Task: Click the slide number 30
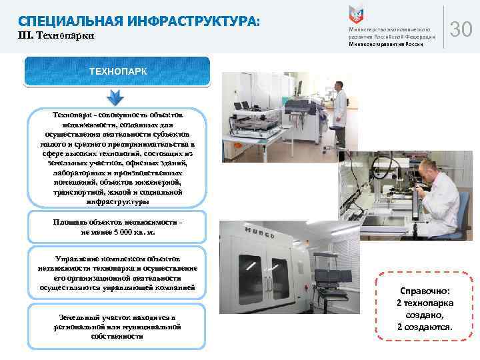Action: tap(461, 29)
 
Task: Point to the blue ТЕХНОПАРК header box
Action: tap(117, 71)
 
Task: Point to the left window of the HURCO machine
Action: tap(249, 269)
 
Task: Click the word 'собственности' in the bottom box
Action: tap(117, 337)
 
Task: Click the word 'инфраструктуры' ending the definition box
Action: tap(117, 201)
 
